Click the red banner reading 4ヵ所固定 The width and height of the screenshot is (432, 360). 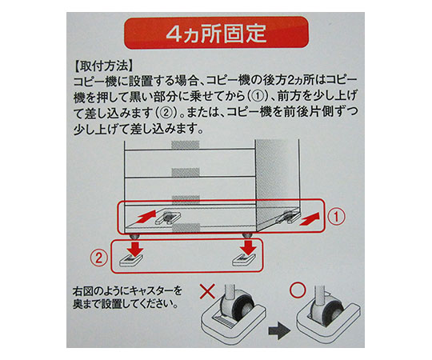216,33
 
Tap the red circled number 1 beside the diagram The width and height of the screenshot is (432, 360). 336,217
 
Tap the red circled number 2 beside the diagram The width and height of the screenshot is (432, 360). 99,258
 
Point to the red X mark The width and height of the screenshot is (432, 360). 207,292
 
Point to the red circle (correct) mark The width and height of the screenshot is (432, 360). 298,290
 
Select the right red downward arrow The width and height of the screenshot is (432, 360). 249,247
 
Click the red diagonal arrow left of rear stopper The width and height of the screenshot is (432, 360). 145,217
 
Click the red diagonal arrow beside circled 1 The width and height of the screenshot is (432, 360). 310,219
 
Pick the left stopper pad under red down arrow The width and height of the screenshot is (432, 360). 131,260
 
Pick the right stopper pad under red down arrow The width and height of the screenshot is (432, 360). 245,260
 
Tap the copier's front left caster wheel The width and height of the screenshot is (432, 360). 134,236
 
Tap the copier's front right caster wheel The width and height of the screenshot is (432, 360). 247,236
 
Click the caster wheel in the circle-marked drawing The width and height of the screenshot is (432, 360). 330,310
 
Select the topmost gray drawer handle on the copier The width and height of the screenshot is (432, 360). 186,145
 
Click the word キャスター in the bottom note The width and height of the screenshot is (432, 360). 151,290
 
